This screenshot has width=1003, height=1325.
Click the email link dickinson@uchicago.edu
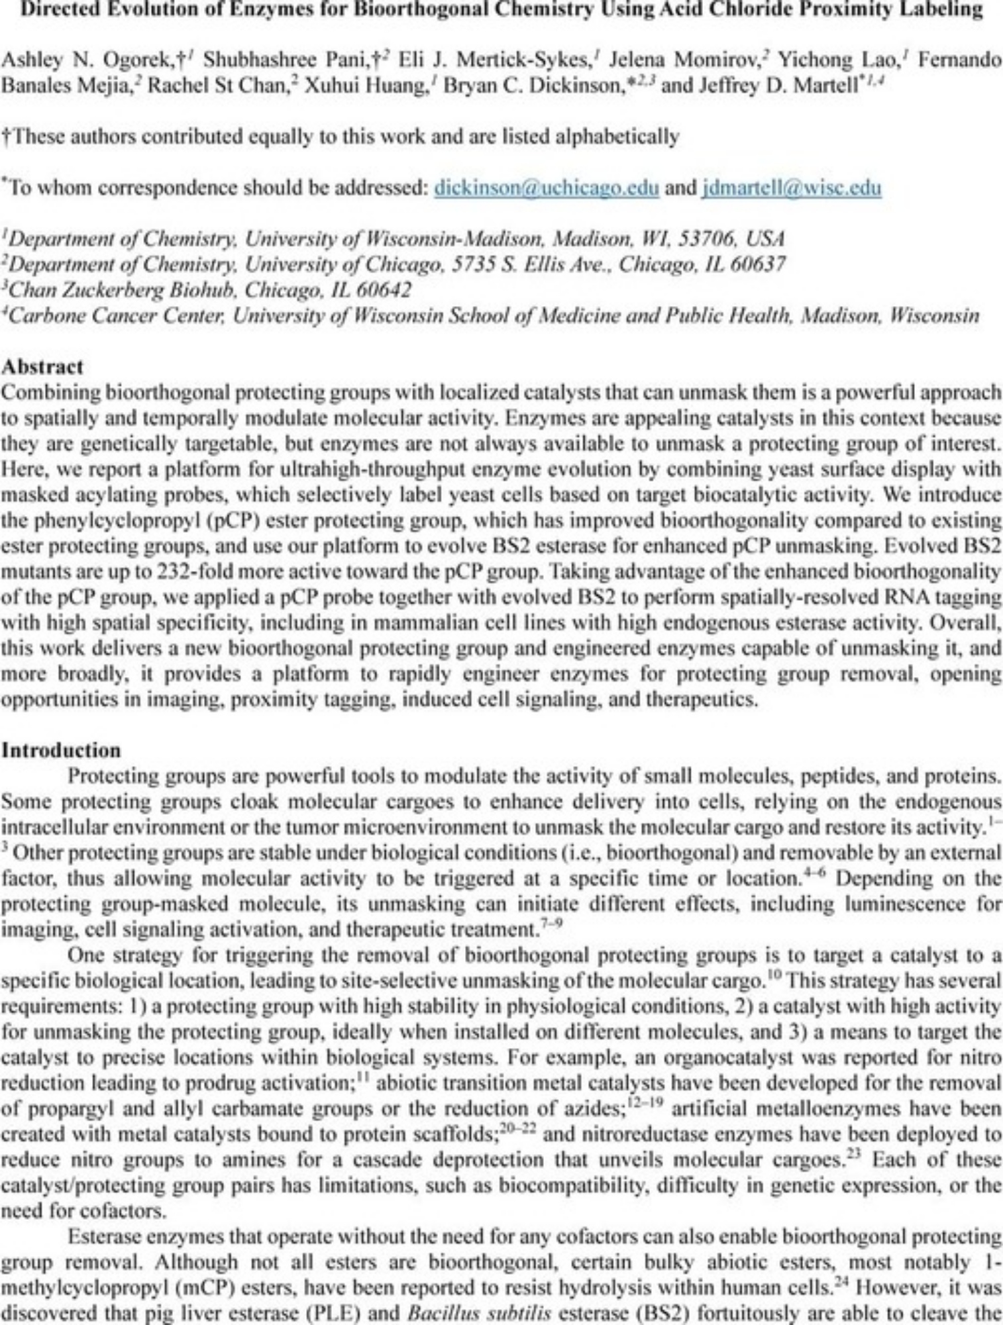click(546, 188)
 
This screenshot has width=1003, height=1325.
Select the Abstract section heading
click(42, 367)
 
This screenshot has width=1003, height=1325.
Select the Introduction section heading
click(61, 750)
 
